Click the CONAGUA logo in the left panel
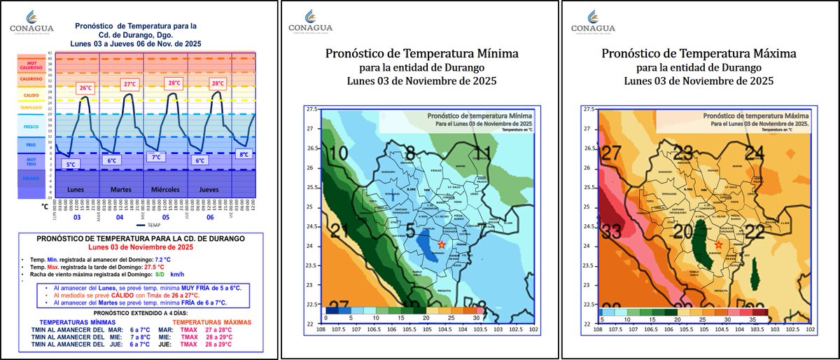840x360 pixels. point(31,22)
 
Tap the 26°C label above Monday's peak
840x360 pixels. point(85,88)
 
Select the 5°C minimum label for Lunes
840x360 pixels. point(71,164)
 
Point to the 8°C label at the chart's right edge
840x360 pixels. point(244,154)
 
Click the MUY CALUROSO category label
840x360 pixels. point(31,64)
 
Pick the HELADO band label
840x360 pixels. point(31,179)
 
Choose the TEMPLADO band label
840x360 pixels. point(31,109)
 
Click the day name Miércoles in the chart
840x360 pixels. point(165,190)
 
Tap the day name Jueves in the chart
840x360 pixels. point(209,190)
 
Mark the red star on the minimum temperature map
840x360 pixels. point(442,244)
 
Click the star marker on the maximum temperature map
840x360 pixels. point(719,244)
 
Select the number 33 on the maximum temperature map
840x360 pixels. point(612,230)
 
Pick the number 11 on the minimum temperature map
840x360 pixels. point(482,153)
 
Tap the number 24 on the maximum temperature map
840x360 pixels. point(755,153)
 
